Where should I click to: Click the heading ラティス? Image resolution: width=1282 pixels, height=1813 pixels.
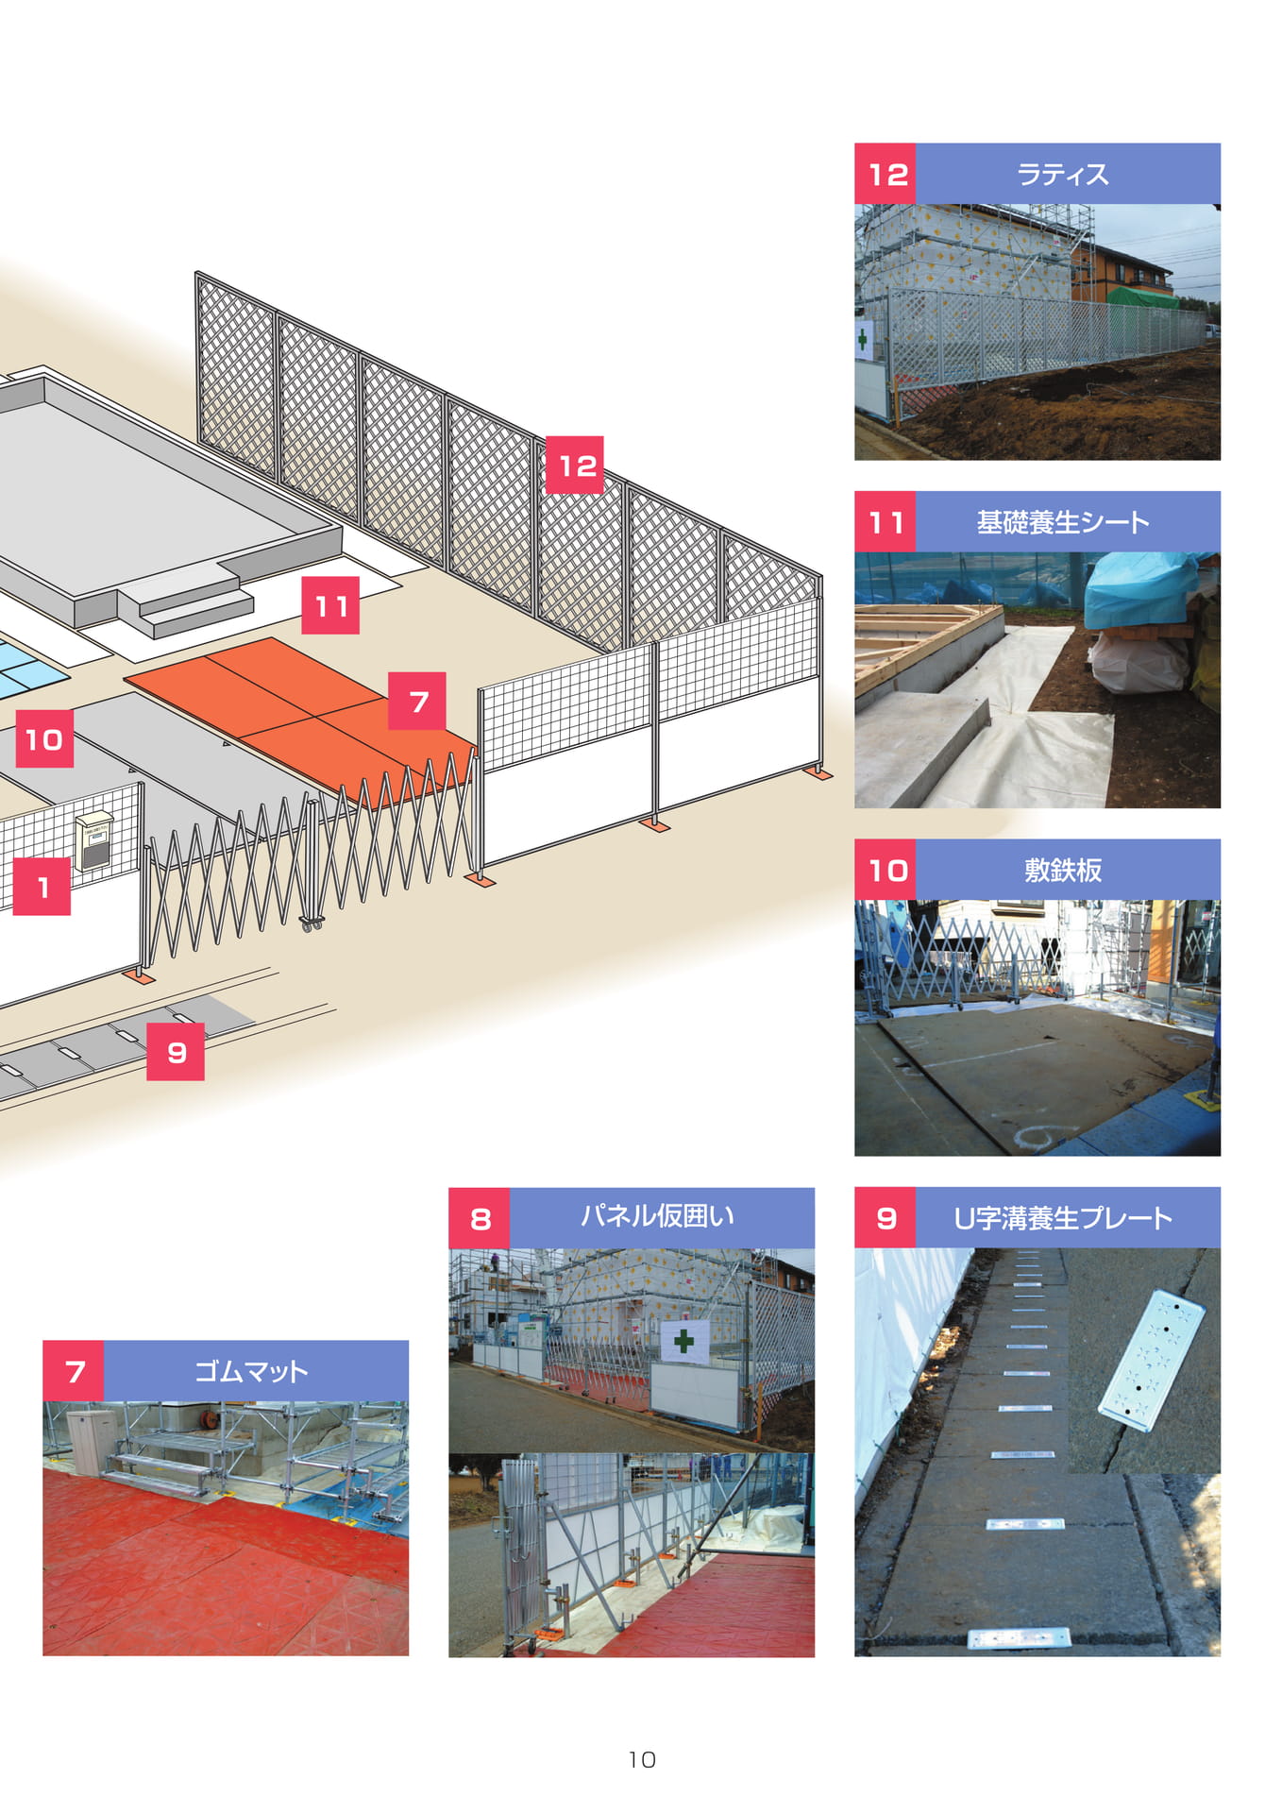1062,174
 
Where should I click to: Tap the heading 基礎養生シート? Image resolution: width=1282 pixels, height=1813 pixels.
1062,521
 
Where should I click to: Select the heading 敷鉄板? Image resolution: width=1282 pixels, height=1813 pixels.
1062,870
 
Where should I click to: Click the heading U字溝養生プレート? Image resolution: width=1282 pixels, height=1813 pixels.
1062,1217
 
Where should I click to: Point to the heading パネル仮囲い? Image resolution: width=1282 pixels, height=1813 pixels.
657,1216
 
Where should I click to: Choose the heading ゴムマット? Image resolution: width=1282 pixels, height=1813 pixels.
251,1371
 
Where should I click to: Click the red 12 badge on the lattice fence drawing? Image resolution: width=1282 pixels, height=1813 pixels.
575,465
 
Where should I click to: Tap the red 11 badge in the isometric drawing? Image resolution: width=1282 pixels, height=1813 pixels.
330,604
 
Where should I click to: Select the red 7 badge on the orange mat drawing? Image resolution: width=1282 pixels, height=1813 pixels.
417,701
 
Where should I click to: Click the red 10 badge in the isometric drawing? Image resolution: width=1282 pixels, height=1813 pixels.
44,739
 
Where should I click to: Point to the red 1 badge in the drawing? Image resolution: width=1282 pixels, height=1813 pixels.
42,887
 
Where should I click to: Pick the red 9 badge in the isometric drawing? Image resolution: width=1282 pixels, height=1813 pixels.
176,1051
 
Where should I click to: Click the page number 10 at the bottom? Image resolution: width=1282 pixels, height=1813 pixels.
642,1759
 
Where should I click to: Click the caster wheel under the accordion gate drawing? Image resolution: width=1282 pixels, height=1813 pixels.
311,923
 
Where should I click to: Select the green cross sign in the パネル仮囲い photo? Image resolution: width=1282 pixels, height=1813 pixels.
684,1340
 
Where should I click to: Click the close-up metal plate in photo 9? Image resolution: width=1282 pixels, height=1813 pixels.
1152,1360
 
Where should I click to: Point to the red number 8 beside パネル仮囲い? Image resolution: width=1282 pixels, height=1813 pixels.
480,1219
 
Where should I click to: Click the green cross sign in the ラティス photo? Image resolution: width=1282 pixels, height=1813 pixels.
863,338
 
